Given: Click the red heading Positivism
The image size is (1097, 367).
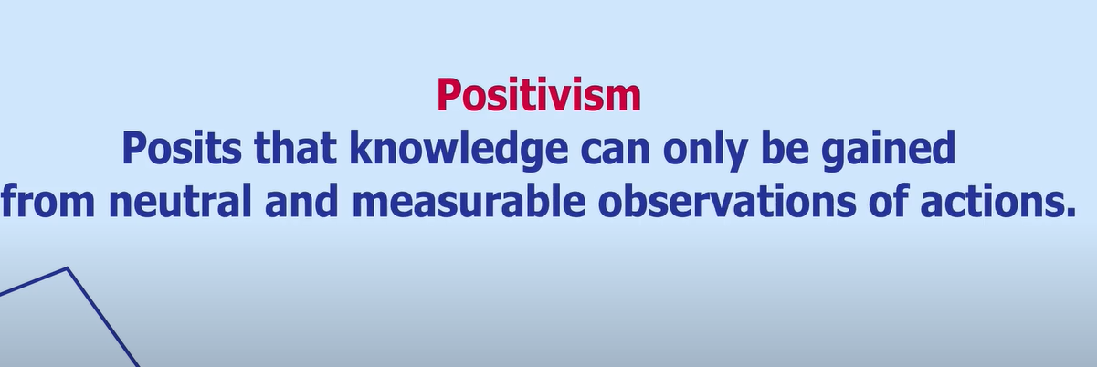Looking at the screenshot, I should pos(538,95).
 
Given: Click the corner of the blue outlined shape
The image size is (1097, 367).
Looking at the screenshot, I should pos(67,268).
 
